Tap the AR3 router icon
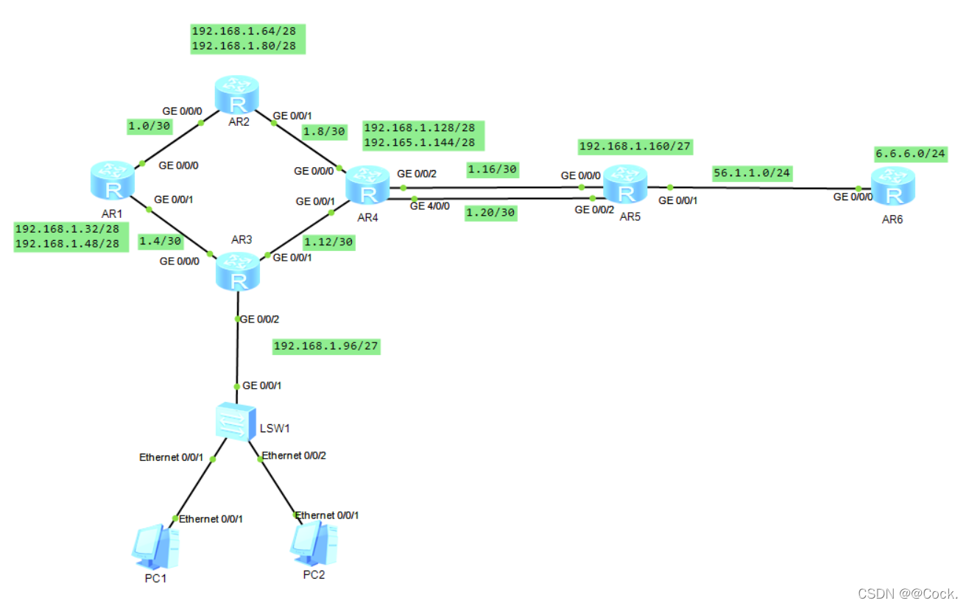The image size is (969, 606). pyautogui.click(x=238, y=272)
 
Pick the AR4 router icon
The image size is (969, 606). pyautogui.click(x=367, y=184)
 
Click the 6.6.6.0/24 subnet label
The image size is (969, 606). pyautogui.click(x=909, y=155)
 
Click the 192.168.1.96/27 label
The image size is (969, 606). pyautogui.click(x=326, y=346)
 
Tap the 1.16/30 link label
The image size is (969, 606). pyautogui.click(x=493, y=170)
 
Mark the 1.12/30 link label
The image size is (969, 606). pyautogui.click(x=329, y=242)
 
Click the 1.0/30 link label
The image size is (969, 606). pyautogui.click(x=149, y=126)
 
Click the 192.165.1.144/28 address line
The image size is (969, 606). pyautogui.click(x=419, y=143)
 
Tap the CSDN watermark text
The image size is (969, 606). pyautogui.click(x=907, y=593)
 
